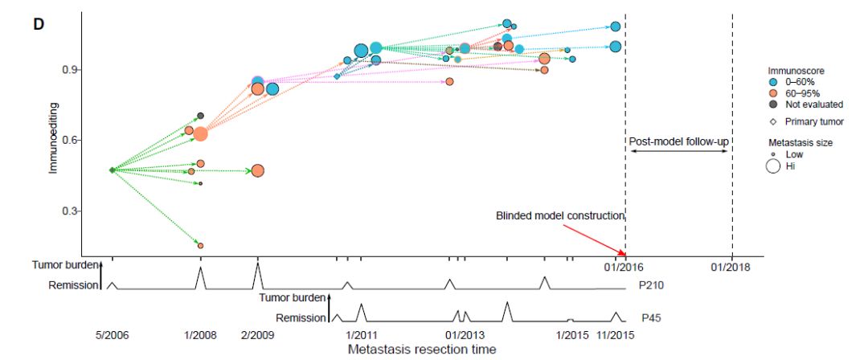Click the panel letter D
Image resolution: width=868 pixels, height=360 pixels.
(x=37, y=22)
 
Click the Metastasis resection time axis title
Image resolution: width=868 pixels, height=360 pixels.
(x=421, y=350)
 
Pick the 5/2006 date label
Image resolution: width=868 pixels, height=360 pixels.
(x=112, y=334)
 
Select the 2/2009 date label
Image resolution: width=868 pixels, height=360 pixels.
(x=257, y=334)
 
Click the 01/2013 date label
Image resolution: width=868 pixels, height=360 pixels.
(x=463, y=334)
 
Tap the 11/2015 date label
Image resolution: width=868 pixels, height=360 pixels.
(x=616, y=334)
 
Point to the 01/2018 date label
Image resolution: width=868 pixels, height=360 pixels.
(x=731, y=266)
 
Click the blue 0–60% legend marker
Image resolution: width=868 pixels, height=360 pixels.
(x=773, y=82)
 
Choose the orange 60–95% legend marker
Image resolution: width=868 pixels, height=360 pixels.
(x=773, y=93)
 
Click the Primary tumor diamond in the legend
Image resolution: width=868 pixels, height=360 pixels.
(x=773, y=121)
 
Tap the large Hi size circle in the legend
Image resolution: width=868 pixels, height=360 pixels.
(x=773, y=166)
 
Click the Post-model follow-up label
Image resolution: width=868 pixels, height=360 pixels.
(x=678, y=142)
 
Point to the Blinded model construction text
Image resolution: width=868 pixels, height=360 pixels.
(x=560, y=215)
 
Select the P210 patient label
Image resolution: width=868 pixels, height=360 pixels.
(x=653, y=285)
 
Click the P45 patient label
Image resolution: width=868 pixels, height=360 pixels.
(x=650, y=318)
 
